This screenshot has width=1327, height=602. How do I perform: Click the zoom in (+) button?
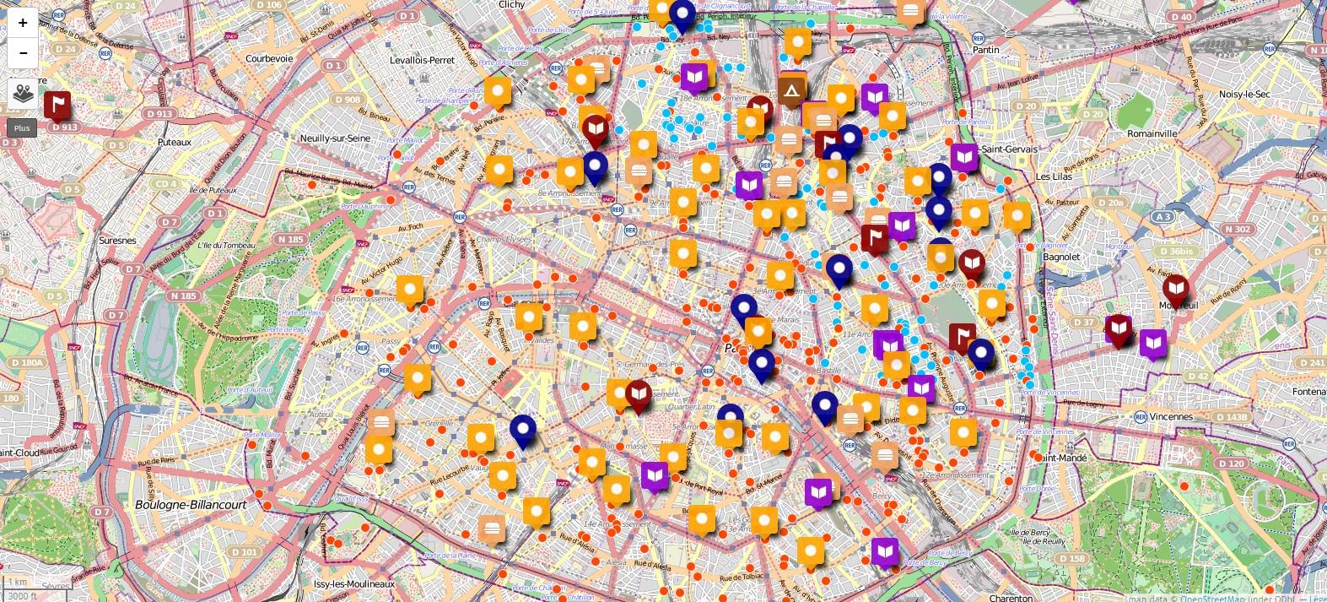[23, 24]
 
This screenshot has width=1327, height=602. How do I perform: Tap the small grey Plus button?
[22, 128]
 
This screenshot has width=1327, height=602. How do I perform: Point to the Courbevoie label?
[269, 58]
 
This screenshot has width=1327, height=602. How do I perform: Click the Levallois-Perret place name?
[422, 61]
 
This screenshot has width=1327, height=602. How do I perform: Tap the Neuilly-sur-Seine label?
[335, 138]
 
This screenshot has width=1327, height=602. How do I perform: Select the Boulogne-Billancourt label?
[191, 504]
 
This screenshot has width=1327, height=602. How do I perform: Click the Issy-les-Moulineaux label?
[353, 584]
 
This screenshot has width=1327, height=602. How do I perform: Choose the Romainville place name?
[1152, 133]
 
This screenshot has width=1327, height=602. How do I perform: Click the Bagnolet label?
[1060, 257]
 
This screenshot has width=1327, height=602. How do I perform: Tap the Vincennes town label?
[1171, 417]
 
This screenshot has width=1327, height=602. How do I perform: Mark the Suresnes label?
[117, 241]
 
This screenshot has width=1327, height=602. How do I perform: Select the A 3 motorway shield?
[1162, 217]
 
